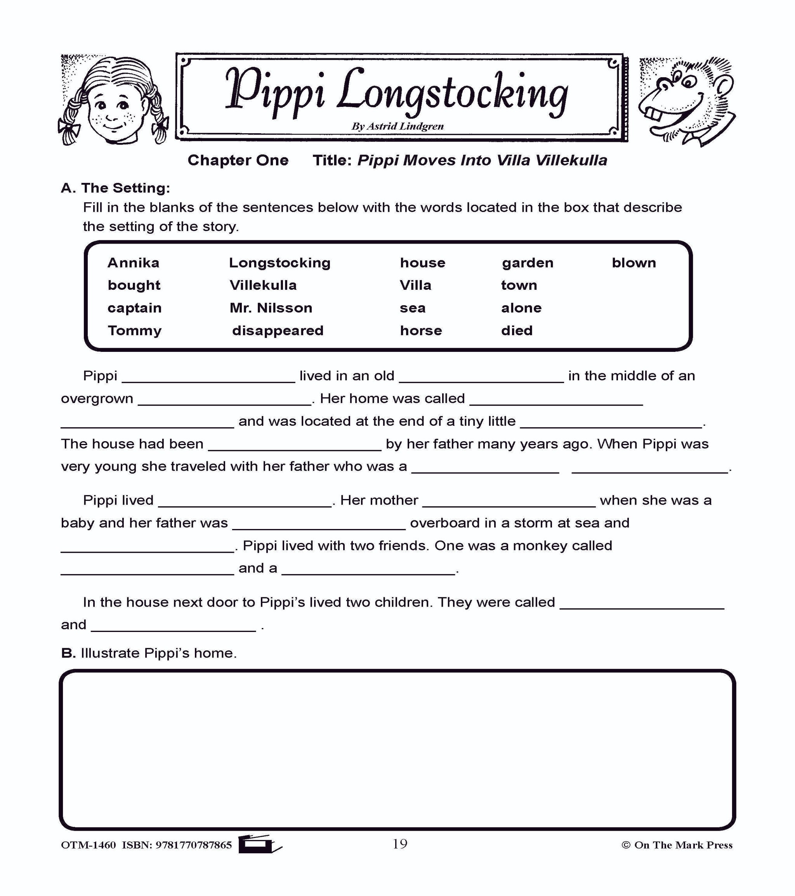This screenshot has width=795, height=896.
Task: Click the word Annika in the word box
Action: tap(133, 263)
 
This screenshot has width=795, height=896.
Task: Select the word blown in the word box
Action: tap(634, 263)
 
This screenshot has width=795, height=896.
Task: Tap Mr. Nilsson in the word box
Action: tap(271, 308)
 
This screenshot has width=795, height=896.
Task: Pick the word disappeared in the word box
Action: tap(278, 331)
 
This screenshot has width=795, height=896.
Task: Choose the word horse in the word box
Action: tap(420, 331)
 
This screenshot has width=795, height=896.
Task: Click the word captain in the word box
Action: tap(134, 308)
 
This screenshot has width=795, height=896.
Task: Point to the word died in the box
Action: tap(516, 331)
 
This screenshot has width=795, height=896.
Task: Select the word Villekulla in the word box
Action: tap(263, 285)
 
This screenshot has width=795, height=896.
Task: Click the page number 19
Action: tap(399, 844)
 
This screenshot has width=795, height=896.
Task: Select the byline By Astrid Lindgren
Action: tap(397, 126)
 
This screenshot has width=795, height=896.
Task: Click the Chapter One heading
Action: tap(238, 160)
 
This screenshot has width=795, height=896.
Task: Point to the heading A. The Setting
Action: tap(115, 188)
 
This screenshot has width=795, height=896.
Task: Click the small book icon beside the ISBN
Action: tap(259, 844)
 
